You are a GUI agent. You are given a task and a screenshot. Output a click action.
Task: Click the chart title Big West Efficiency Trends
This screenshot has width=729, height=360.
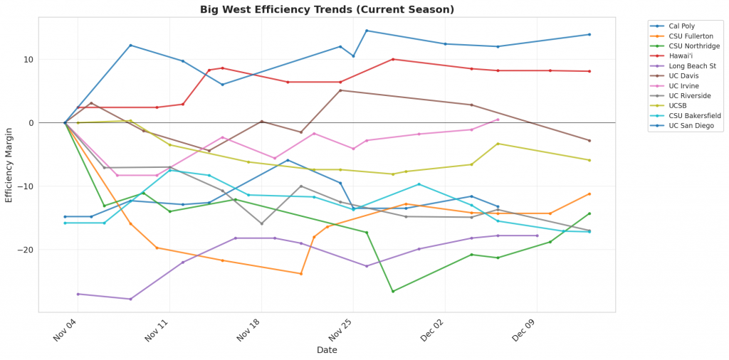[327, 9]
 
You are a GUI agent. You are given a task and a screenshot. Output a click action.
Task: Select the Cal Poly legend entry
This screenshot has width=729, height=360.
[680, 26]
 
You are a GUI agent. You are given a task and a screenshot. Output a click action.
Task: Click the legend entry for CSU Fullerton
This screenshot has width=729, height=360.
[687, 36]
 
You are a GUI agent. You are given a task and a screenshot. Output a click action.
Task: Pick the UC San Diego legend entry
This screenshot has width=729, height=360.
[686, 125]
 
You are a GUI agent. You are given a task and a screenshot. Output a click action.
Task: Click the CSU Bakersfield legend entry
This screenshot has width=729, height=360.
[689, 115]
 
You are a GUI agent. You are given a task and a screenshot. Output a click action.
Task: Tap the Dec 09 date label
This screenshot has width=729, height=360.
[524, 329]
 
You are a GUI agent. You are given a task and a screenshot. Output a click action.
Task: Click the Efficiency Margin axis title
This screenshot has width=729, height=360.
[9, 162]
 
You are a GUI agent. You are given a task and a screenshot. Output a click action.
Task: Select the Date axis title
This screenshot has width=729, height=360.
[327, 350]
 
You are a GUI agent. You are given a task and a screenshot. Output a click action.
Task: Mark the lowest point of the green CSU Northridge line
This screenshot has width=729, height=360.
[393, 291]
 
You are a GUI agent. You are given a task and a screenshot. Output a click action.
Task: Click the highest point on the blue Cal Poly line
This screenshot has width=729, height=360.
[367, 31]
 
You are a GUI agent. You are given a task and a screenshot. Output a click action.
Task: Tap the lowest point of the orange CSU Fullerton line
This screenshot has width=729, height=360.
[301, 274]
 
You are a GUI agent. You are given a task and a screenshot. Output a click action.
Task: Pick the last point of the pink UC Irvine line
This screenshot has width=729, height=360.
[498, 120]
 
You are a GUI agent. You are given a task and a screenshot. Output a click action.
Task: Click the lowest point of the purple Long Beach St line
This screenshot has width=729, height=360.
[130, 299]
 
